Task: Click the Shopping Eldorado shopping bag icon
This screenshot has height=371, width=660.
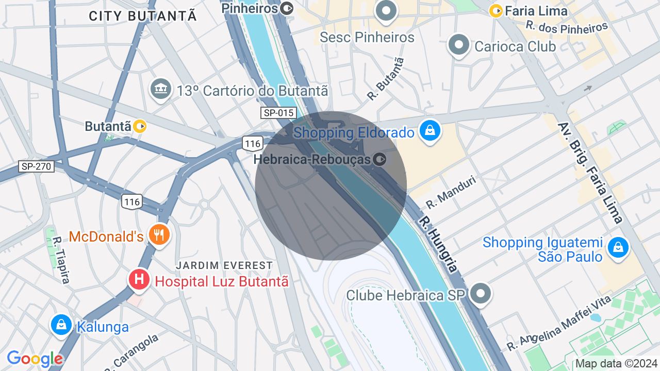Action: point(430,131)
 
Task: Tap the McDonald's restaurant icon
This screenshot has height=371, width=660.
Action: point(159,235)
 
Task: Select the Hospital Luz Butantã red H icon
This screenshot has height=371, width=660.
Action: point(139,280)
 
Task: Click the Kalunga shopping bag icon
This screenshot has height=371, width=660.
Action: point(61,325)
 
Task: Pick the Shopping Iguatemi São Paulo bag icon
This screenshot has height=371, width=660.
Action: point(618,248)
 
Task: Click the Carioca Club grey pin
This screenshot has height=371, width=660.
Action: point(458,45)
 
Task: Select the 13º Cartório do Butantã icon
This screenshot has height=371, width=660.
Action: point(161,90)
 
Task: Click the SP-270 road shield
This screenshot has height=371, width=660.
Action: point(36,166)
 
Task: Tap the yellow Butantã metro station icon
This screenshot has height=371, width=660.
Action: point(140,126)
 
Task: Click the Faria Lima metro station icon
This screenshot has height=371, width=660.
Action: point(496,10)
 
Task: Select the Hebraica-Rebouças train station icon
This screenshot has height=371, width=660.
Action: point(379,159)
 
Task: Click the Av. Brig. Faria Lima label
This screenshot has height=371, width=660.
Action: point(589,168)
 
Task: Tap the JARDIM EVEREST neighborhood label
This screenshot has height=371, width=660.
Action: point(224,265)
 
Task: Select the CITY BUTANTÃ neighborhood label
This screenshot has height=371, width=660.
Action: point(143,16)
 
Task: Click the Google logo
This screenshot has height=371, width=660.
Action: point(35,359)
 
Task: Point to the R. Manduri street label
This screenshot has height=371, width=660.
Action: point(450,192)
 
